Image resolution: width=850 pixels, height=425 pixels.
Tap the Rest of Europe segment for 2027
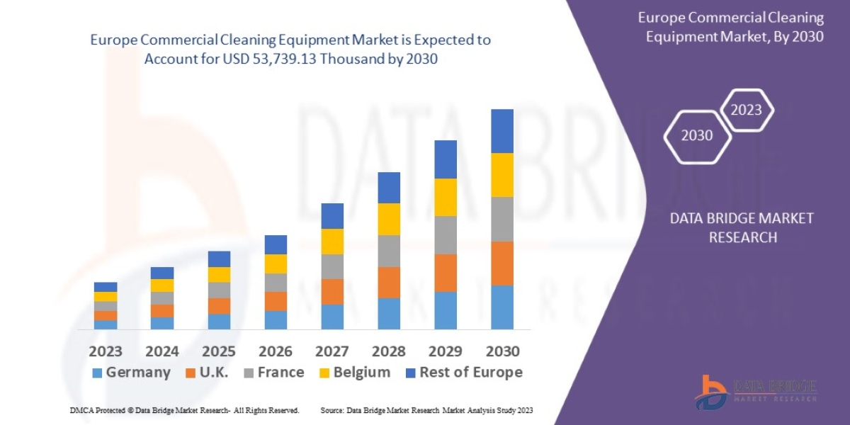tap(332, 216)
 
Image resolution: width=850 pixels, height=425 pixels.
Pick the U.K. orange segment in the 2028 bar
tap(389, 282)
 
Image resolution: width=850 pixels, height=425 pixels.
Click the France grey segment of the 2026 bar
tap(276, 282)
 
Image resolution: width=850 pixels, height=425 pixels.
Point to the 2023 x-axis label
tap(106, 351)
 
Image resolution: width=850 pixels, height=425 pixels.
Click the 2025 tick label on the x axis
tap(219, 351)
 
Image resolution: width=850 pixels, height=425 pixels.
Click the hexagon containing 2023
tap(746, 110)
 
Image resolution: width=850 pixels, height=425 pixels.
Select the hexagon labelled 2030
tap(697, 135)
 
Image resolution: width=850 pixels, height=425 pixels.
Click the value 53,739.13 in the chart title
tap(282, 59)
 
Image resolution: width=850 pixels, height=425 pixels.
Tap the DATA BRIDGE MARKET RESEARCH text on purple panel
tap(742, 227)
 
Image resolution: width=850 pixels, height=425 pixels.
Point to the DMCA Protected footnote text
tap(184, 410)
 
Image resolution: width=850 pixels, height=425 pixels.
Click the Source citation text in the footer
tap(426, 410)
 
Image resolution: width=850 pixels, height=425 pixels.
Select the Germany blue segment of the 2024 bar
tap(162, 322)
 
